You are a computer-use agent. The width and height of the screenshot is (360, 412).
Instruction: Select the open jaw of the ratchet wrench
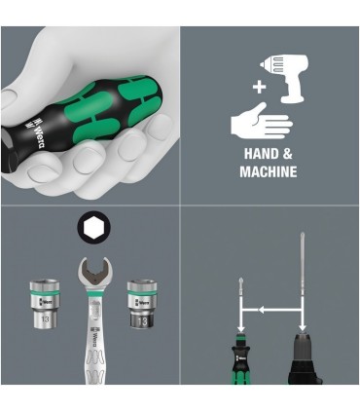(x=91, y=267)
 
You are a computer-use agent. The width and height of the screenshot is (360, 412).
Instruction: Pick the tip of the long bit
(x=303, y=237)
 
